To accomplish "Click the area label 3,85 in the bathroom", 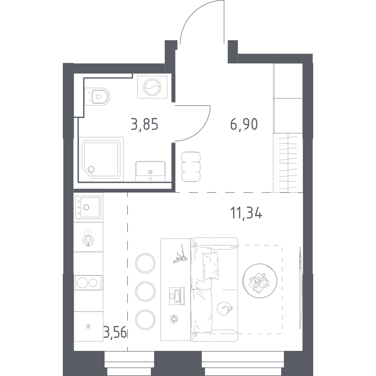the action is pyautogui.click(x=144, y=125).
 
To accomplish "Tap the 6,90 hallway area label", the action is pyautogui.click(x=244, y=125).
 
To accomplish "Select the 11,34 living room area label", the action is pyautogui.click(x=246, y=213).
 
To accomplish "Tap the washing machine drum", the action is pyautogui.click(x=152, y=87).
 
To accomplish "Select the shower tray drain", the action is pyautogui.click(x=91, y=169).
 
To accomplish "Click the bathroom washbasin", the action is pyautogui.click(x=150, y=171).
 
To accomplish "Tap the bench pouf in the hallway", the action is pyautogui.click(x=191, y=167).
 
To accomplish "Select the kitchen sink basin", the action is pyautogui.click(x=90, y=207).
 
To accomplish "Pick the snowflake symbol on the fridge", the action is pyautogui.click(x=88, y=326).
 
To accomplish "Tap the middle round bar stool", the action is pyautogui.click(x=145, y=291).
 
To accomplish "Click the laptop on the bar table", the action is pyautogui.click(x=177, y=296).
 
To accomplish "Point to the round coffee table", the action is pyautogui.click(x=259, y=281).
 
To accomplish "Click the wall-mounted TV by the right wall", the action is pyautogui.click(x=300, y=288).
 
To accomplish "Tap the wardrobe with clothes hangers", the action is pyautogui.click(x=288, y=163).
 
